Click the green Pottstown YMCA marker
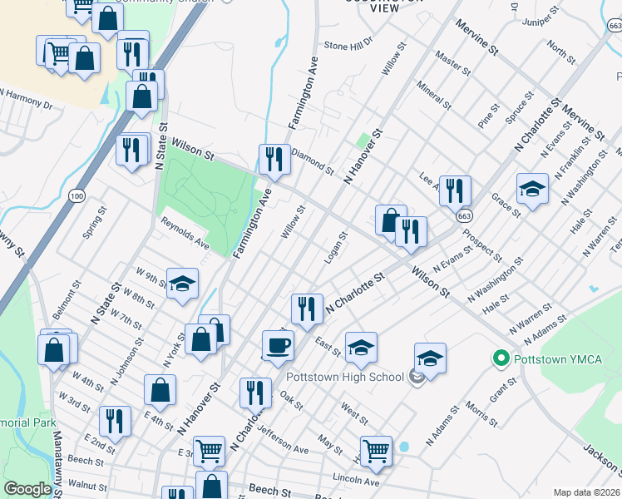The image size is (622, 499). click(501, 359)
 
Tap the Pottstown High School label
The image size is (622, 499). click(345, 377)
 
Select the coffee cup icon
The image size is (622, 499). click(278, 343)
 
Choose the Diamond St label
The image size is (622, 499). click(313, 164)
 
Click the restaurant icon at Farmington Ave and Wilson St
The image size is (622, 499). click(274, 158)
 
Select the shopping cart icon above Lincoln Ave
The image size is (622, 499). click(376, 450)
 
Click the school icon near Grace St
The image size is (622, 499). click(532, 189)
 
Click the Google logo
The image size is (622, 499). click(27, 490)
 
